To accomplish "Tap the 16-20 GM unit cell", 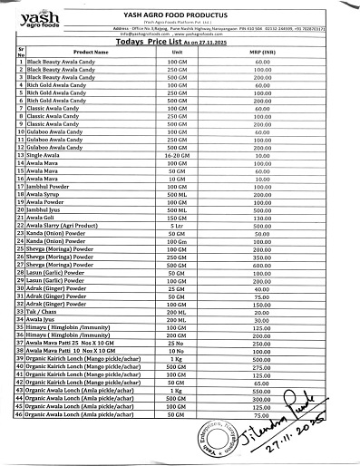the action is [177, 156].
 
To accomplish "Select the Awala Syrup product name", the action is [49, 194].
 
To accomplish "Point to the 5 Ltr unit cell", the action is [177, 225].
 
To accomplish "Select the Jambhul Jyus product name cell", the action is [50, 209].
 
